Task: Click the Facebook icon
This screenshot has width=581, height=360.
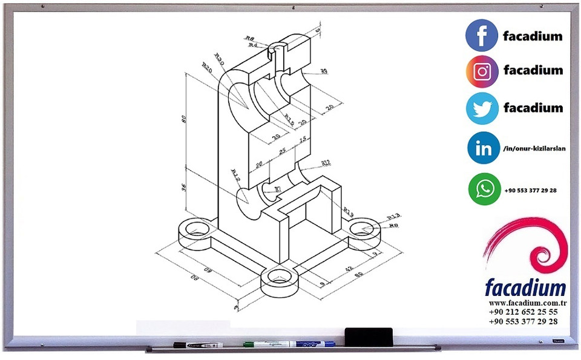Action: click(x=482, y=35)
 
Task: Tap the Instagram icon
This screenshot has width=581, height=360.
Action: click(x=482, y=71)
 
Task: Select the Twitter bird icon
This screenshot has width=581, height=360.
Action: click(x=482, y=108)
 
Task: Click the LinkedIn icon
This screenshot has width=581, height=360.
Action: click(x=484, y=148)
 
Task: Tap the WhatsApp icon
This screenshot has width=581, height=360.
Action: click(x=484, y=189)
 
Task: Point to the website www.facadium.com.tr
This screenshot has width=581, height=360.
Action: click(x=527, y=303)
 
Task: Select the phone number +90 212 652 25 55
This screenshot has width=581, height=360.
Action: click(x=524, y=312)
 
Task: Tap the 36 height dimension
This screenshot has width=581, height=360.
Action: click(x=184, y=188)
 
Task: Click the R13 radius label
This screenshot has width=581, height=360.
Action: click(x=394, y=217)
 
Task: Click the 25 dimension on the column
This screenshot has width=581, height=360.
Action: click(x=282, y=151)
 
